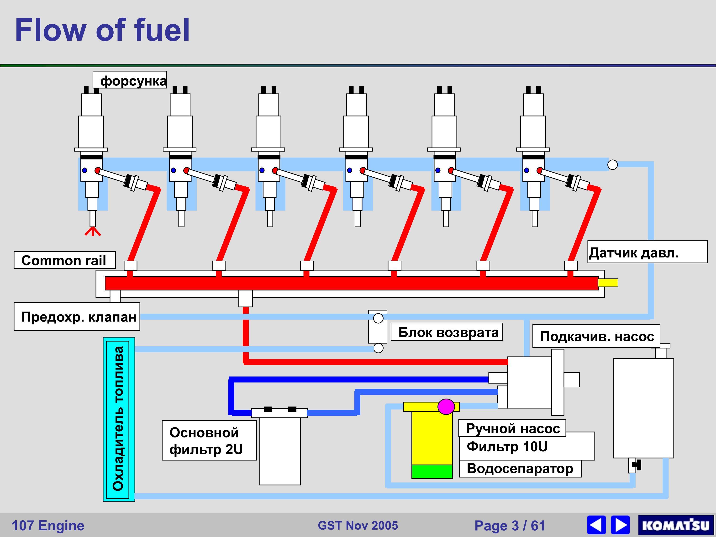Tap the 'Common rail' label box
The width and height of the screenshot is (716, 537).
(64, 260)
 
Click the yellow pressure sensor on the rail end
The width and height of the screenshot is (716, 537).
(608, 283)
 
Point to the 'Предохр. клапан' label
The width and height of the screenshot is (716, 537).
(77, 316)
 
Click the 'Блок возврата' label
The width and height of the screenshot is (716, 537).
(447, 332)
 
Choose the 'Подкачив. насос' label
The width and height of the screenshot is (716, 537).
(596, 336)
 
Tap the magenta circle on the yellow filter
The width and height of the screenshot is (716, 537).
(446, 406)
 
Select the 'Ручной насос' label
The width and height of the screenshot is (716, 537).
(512, 428)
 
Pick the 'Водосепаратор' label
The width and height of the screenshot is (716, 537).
(520, 468)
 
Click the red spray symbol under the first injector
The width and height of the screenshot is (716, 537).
(93, 232)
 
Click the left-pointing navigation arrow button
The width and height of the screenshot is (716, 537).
(596, 525)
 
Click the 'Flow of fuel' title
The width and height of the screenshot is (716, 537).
(102, 30)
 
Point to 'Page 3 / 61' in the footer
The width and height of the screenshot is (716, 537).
(510, 525)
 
